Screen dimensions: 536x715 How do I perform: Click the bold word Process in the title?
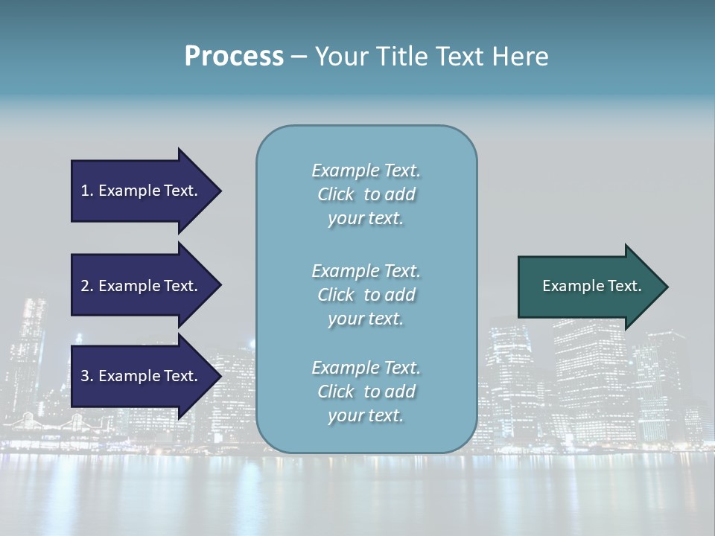pyautogui.click(x=234, y=57)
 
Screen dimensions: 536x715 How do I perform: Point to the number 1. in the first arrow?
pyautogui.click(x=87, y=191)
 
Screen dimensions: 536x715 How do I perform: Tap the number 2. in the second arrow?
pyautogui.click(x=87, y=286)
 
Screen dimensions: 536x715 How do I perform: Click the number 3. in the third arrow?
pyautogui.click(x=87, y=376)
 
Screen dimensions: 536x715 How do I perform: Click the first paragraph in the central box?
pyautogui.click(x=366, y=194)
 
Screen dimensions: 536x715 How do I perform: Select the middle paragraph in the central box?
pyautogui.click(x=366, y=295)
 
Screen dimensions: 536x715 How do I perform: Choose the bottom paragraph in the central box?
pyautogui.click(x=366, y=392)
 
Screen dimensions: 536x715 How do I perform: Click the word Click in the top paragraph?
pyautogui.click(x=335, y=194)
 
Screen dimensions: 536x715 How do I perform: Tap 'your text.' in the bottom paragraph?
pyautogui.click(x=366, y=415)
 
